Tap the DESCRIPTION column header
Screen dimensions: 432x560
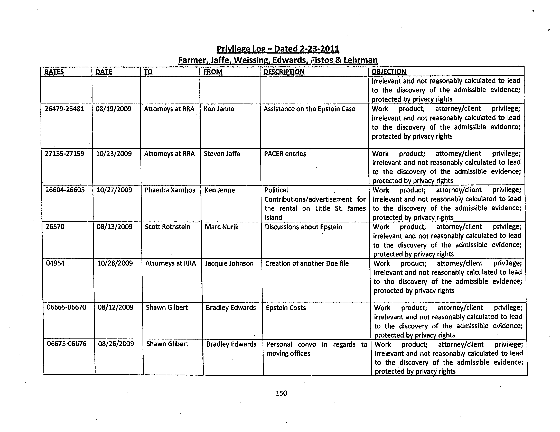(284, 72)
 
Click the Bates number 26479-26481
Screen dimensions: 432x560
(64, 109)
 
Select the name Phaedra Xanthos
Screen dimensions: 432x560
(170, 190)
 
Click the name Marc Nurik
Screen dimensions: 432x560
(221, 227)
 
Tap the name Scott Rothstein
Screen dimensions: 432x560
(167, 227)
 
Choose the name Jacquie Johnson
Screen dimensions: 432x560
(229, 264)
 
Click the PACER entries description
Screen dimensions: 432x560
(285, 154)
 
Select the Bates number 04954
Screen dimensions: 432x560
(55, 263)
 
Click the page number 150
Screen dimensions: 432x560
(281, 393)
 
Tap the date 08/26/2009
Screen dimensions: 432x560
(116, 344)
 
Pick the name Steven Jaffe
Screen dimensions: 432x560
(222, 154)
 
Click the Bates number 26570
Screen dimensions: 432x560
(55, 227)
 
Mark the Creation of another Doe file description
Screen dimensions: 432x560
(307, 264)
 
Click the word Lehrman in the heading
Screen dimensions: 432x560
(360, 60)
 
